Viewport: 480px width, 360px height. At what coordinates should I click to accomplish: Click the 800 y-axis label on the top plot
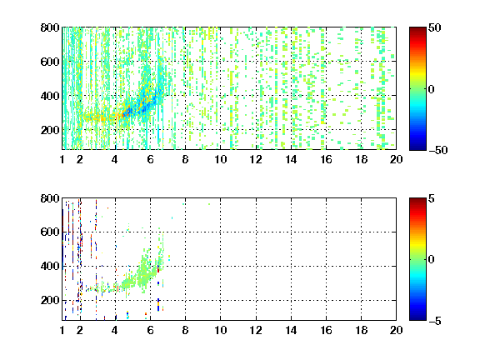pyautogui.click(x=50, y=27)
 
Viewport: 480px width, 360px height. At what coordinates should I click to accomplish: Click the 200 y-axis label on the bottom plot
pyautogui.click(x=50, y=300)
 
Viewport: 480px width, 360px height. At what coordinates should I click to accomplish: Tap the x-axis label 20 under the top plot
pyautogui.click(x=396, y=159)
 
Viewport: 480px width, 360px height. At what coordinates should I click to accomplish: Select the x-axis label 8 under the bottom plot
pyautogui.click(x=185, y=330)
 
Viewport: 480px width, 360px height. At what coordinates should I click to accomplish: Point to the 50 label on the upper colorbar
pyautogui.click(x=434, y=27)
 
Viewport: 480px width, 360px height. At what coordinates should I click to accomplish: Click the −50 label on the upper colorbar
pyautogui.click(x=437, y=150)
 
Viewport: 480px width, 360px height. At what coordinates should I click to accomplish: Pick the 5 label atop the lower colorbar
pyautogui.click(x=432, y=198)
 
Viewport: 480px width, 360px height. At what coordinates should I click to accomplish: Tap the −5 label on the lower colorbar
pyautogui.click(x=435, y=321)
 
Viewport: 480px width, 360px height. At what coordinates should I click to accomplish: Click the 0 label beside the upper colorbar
pyautogui.click(x=432, y=89)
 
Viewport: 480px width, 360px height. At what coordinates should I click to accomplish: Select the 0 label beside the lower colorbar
pyautogui.click(x=432, y=260)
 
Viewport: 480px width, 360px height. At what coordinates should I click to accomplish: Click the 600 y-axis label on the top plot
pyautogui.click(x=50, y=62)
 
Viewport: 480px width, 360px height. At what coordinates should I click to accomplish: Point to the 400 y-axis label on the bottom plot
pyautogui.click(x=50, y=266)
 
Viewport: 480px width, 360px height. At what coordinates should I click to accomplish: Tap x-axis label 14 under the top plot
pyautogui.click(x=291, y=159)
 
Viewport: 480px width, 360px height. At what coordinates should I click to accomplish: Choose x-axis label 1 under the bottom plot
pyautogui.click(x=62, y=330)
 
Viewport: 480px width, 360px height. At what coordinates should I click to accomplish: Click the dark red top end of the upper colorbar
pyautogui.click(x=417, y=28)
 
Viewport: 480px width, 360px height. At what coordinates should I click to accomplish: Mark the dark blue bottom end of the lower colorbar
pyautogui.click(x=417, y=318)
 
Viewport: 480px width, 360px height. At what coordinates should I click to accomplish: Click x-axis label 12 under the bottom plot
pyautogui.click(x=256, y=330)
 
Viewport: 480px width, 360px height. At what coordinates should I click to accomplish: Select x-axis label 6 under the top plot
pyautogui.click(x=150, y=159)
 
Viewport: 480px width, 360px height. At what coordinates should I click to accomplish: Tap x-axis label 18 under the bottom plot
pyautogui.click(x=361, y=330)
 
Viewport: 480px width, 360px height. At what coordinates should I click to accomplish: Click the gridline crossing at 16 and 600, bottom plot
pyautogui.click(x=327, y=232)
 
